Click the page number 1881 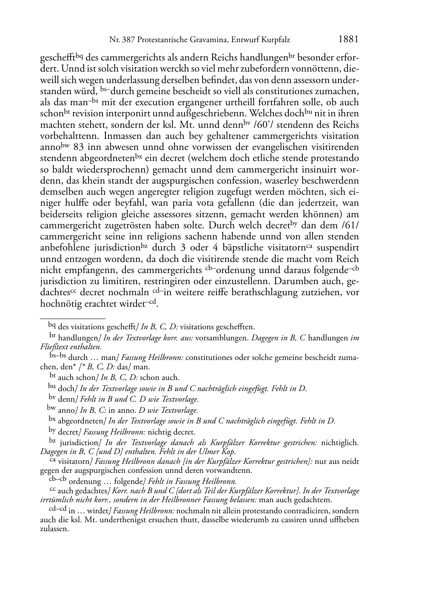coord(348,40)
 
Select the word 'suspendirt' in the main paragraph coord(339,248)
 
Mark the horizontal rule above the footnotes coord(72,318)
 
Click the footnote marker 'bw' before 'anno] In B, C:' coord(51,410)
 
